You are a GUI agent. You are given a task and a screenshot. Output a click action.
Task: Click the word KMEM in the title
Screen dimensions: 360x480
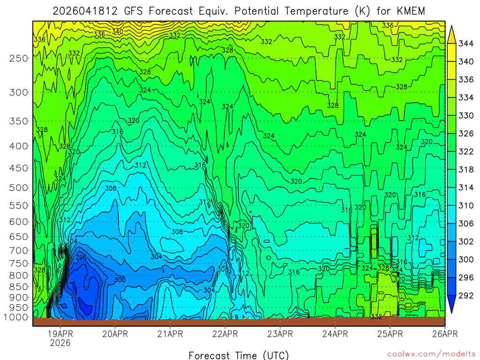410,11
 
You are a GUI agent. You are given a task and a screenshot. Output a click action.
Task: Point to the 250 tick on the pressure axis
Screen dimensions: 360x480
19,58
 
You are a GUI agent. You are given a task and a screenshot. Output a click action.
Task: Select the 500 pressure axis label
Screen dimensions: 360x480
19,187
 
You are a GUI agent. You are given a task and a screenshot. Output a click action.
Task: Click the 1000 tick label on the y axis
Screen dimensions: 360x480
17,317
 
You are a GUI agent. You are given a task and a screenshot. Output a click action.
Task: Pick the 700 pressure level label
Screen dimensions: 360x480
19,250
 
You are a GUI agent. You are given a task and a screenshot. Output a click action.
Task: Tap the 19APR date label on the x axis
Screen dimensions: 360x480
60,334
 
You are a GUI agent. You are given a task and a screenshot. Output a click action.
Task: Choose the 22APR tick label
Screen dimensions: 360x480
225,334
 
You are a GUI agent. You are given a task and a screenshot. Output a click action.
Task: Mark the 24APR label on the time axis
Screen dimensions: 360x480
335,334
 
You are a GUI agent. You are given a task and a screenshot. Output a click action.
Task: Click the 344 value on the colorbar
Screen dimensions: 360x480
465,44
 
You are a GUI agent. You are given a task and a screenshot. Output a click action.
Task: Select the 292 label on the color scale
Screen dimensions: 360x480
465,295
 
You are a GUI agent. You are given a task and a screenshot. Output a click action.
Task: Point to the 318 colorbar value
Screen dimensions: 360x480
465,169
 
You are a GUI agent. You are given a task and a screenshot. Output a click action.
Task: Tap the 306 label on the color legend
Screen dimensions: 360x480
465,223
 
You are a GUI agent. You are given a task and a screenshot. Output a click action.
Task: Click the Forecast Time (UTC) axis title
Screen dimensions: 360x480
239,355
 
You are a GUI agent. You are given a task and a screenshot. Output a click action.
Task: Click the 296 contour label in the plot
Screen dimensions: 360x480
81,257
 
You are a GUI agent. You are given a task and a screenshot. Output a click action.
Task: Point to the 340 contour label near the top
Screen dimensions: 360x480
118,31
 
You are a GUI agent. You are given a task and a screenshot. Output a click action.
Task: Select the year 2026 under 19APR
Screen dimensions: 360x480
60,343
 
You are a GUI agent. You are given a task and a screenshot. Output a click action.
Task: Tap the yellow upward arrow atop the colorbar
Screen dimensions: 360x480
452,34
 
